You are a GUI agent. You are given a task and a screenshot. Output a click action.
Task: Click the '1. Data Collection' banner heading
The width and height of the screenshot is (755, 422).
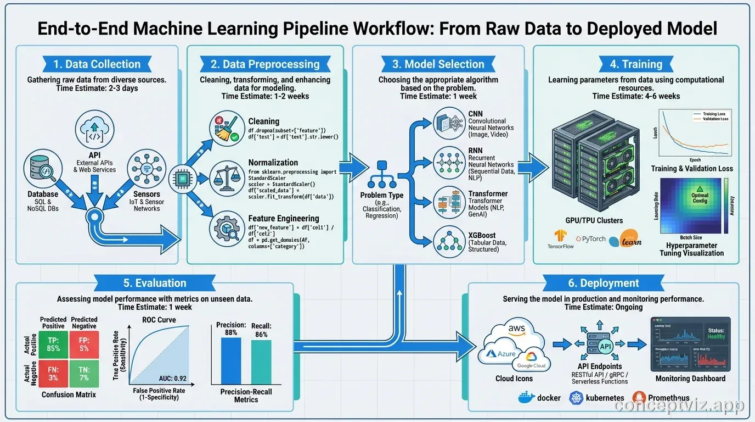click(97, 64)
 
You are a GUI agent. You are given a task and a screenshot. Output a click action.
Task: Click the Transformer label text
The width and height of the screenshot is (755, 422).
click(488, 194)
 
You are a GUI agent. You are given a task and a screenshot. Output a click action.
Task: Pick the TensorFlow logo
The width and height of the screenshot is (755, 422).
click(560, 237)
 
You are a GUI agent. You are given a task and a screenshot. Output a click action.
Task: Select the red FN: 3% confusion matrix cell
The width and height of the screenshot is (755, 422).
click(54, 373)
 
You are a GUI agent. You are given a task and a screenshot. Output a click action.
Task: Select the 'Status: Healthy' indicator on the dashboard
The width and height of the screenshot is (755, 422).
click(715, 333)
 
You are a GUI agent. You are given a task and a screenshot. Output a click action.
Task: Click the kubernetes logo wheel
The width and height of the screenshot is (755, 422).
click(576, 397)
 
